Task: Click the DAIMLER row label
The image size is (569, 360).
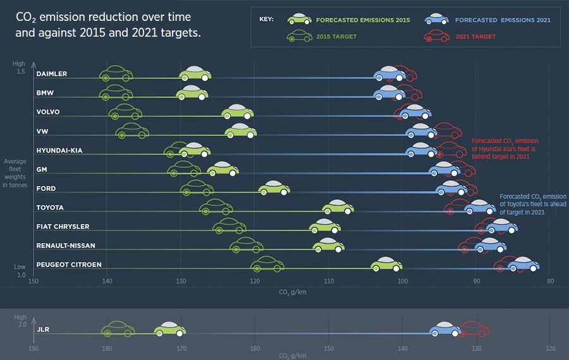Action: pos(52,74)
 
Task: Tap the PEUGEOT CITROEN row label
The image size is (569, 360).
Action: pos(69,264)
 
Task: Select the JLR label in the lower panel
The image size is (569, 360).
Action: pos(44,330)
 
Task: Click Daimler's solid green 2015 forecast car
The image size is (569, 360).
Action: pos(195,74)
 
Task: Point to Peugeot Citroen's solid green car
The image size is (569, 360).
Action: pos(386,265)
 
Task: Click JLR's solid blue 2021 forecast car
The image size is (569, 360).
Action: pos(445,329)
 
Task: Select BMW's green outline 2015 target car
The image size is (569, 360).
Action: pos(116,94)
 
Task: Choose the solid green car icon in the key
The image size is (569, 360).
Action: pos(300,20)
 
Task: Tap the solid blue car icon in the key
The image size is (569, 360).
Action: pos(436,20)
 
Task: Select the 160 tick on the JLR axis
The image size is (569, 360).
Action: pos(255,349)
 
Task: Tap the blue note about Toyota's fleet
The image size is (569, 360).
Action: pos(533,204)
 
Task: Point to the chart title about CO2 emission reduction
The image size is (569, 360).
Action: pos(108,25)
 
